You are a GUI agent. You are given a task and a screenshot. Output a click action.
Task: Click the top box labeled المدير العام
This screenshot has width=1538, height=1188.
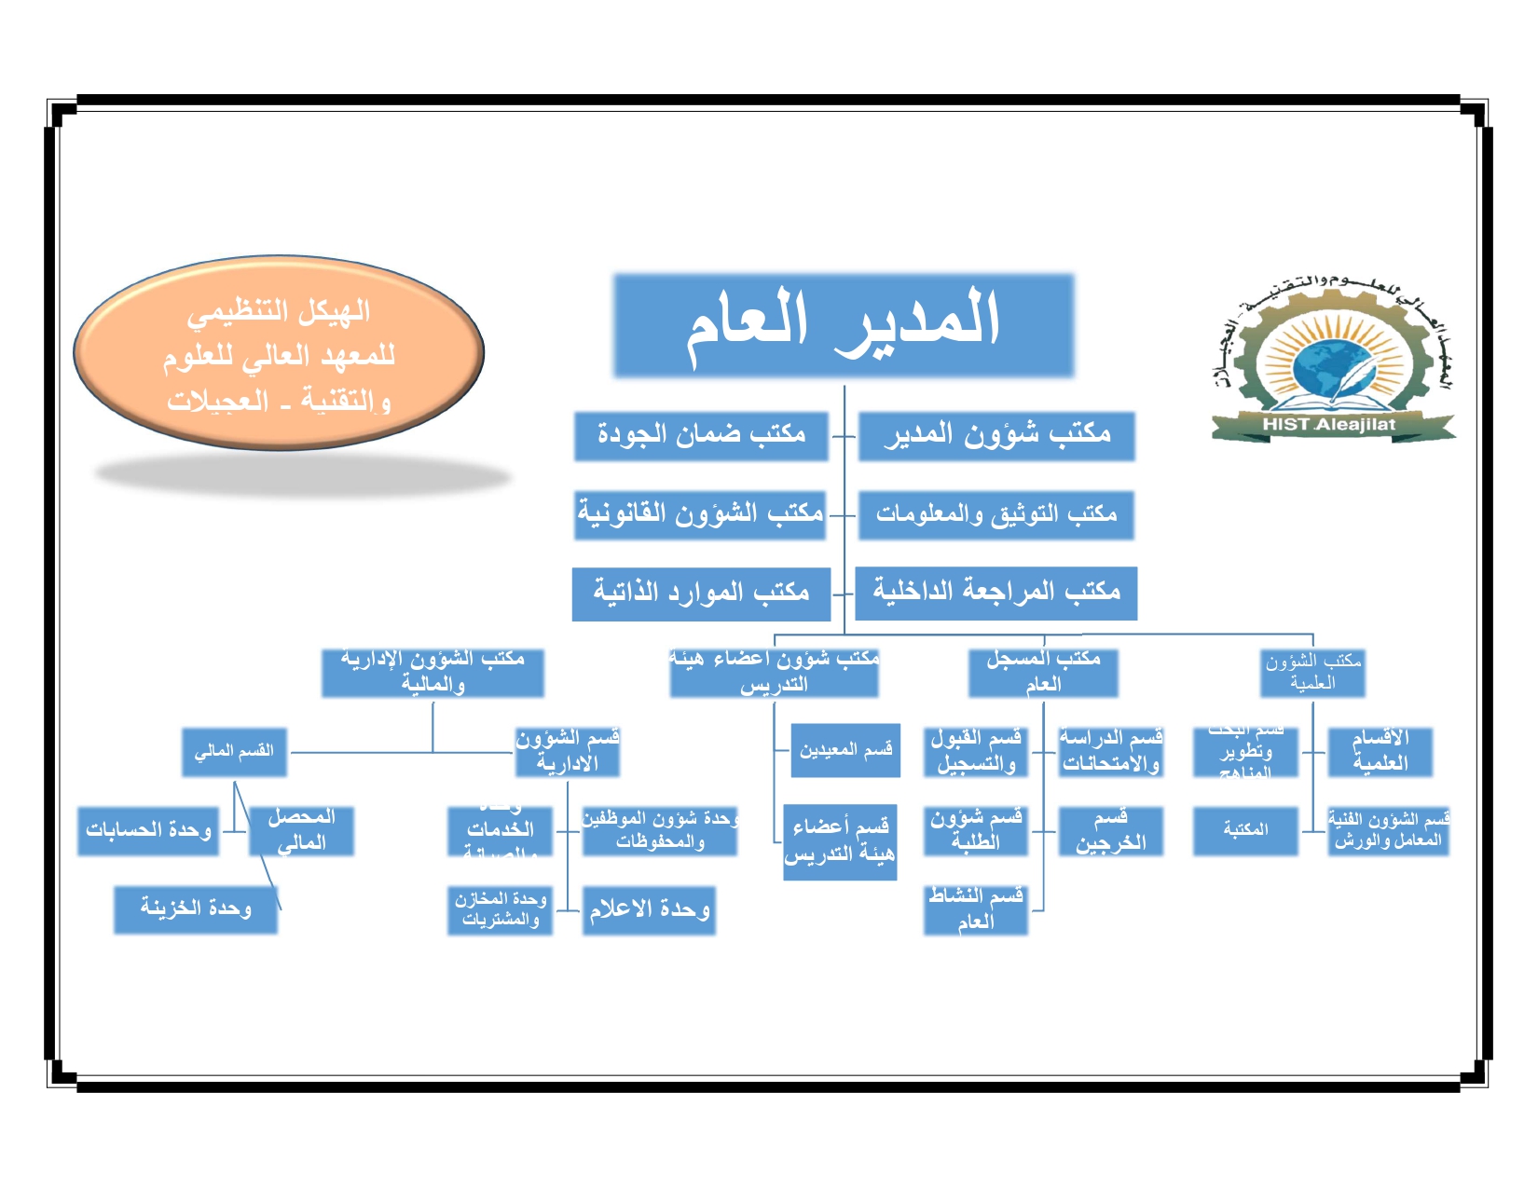[x=843, y=325]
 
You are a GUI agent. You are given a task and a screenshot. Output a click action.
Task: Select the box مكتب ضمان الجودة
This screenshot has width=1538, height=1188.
[x=701, y=435]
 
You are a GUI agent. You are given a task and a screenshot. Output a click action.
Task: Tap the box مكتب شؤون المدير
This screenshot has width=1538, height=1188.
[x=996, y=435]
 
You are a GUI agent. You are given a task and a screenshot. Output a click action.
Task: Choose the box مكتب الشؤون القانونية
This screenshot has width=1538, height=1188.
[x=700, y=514]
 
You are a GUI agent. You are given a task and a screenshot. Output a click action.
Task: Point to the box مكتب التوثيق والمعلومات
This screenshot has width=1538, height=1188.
[x=996, y=514]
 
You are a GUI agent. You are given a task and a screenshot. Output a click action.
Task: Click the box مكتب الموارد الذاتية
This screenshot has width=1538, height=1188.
[x=701, y=594]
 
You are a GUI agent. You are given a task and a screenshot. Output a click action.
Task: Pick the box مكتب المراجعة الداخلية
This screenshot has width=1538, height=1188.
[x=996, y=593]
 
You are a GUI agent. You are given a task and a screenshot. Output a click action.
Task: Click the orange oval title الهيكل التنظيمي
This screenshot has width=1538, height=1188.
[x=279, y=354]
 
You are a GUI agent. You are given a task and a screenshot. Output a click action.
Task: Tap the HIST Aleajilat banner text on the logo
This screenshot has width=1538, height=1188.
[x=1329, y=425]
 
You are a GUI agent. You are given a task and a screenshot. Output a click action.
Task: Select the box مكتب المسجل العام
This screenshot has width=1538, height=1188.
[x=1043, y=673]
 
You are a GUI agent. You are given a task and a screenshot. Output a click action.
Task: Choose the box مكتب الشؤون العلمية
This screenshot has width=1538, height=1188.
[x=1312, y=673]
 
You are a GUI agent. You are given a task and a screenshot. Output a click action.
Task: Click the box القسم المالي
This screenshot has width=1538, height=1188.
[x=234, y=752]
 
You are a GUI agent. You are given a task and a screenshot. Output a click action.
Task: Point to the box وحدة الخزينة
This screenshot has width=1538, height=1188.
[x=196, y=909]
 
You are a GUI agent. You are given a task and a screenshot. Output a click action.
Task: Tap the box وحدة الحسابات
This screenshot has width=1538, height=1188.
[x=148, y=831]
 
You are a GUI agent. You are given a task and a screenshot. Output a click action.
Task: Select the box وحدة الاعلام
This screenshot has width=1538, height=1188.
[x=649, y=910]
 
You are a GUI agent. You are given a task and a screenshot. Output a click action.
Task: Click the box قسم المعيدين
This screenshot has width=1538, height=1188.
[x=845, y=750]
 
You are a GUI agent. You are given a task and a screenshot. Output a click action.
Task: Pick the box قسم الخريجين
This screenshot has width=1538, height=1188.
[x=1110, y=831]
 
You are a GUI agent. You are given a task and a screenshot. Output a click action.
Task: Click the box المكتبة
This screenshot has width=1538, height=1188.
[x=1245, y=831]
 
